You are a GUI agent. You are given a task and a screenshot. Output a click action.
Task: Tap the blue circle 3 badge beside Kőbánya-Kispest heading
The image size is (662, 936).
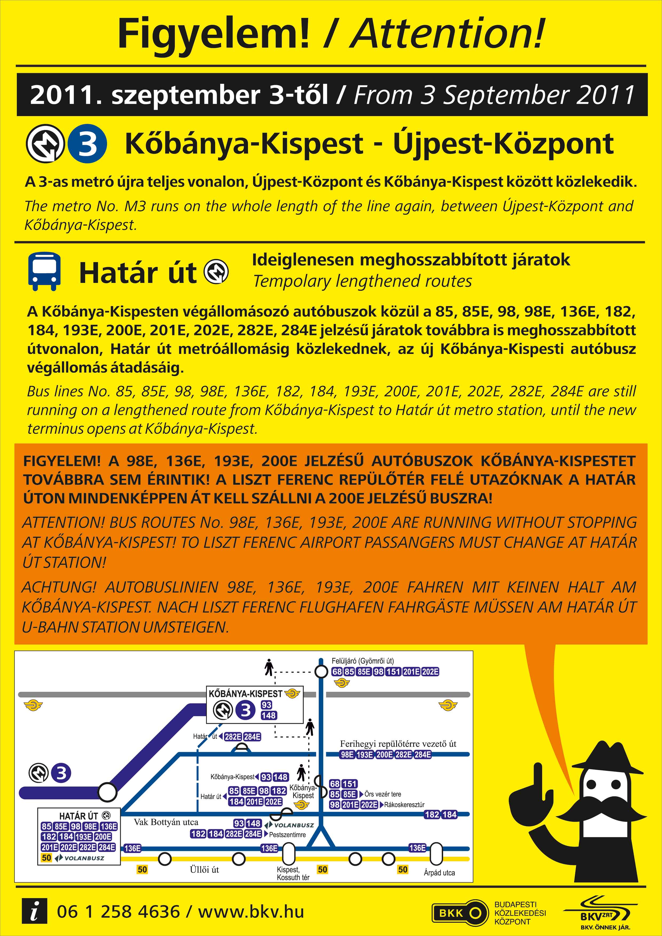tap(87, 144)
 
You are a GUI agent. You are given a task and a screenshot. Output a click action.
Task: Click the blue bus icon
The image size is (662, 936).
tap(44, 271)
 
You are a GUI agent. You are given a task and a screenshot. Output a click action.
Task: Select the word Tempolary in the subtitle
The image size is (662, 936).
tap(291, 281)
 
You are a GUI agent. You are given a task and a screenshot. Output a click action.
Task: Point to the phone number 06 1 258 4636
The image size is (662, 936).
tap(118, 911)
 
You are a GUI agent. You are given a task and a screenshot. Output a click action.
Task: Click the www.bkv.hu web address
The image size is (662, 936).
tap(251, 911)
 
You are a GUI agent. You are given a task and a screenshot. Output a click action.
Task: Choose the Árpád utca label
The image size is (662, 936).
tap(439, 872)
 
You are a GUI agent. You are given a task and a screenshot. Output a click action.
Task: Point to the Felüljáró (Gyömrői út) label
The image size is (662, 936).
tap(362, 661)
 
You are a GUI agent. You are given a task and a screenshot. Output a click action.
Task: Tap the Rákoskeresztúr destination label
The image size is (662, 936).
tap(404, 805)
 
